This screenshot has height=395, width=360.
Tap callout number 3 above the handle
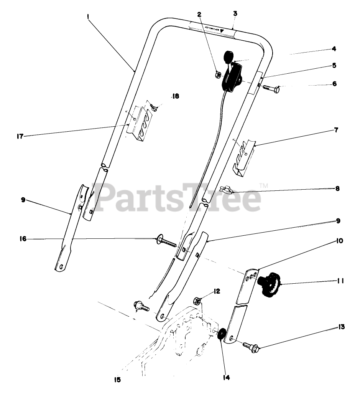(235, 13)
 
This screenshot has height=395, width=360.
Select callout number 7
(336, 130)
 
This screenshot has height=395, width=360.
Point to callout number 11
(339, 281)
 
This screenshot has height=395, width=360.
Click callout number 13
(341, 327)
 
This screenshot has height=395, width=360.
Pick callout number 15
(117, 380)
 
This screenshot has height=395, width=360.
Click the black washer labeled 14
(221, 334)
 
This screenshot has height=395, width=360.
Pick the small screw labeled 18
(154, 108)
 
